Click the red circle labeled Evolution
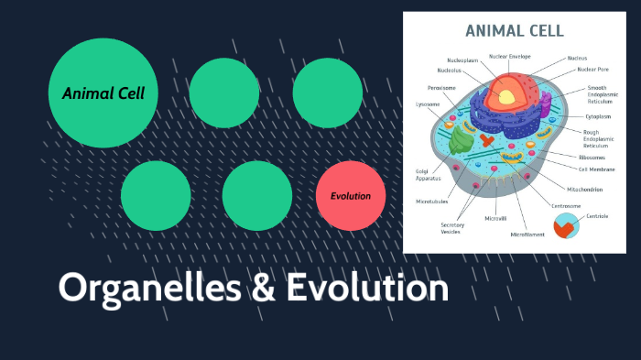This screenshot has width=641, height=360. (351, 195)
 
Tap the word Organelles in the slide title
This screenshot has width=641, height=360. (147, 288)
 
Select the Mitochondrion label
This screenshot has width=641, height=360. (584, 189)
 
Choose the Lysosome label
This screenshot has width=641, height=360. (428, 104)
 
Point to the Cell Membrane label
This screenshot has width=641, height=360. (596, 169)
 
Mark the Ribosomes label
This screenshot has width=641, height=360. (592, 158)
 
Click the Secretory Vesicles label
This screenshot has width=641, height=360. (451, 228)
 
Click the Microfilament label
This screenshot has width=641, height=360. (528, 235)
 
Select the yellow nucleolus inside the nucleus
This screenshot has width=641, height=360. (505, 93)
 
